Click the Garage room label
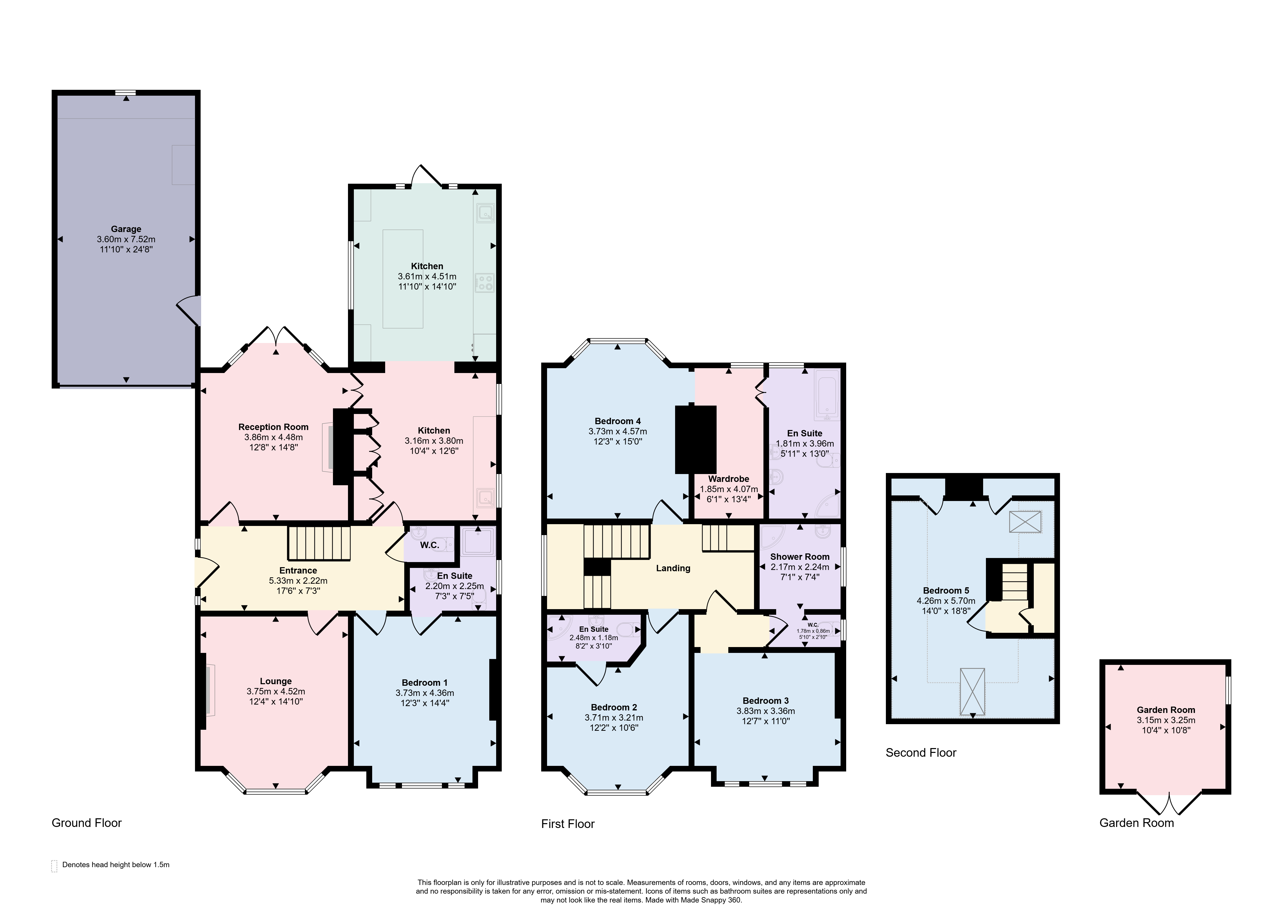[126, 229]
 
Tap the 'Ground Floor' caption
[87, 823]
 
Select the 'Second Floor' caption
[921, 752]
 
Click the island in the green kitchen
[403, 279]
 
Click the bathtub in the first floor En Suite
[827, 395]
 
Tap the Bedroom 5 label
[946, 591]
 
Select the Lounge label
[276, 681]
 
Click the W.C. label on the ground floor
[429, 545]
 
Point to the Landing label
[673, 568]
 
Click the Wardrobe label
[729, 479]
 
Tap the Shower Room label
[800, 557]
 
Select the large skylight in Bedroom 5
[972, 692]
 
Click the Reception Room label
[274, 427]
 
